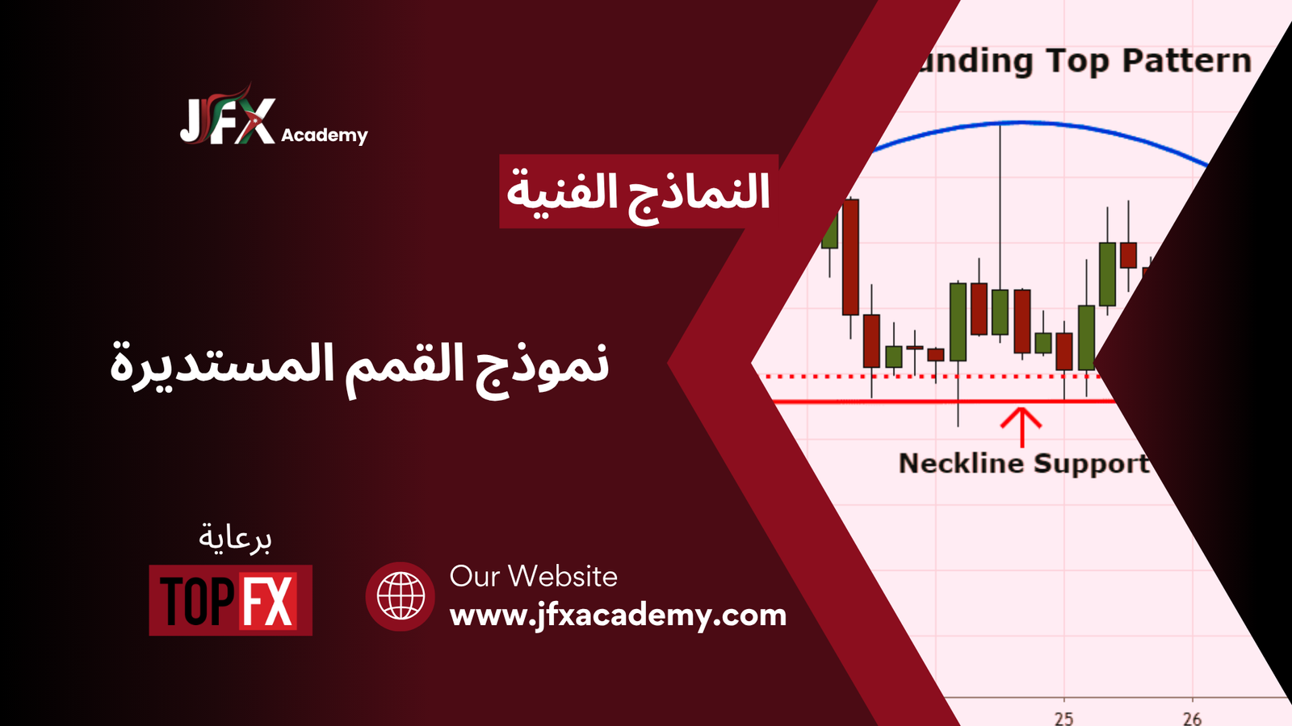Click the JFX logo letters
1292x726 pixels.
point(227,120)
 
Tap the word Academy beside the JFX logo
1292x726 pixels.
point(324,136)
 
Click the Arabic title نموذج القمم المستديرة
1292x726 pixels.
point(359,369)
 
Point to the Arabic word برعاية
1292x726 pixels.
point(235,538)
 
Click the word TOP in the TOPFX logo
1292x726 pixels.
point(197,600)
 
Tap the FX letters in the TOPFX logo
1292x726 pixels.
point(268,600)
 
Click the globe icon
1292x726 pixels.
point(401,596)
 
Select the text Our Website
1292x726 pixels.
point(534,576)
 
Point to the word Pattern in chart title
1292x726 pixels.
point(1187,60)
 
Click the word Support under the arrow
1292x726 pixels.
point(1091,465)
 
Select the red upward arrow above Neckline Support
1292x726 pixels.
point(1021,428)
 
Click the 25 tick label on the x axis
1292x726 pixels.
point(1064,718)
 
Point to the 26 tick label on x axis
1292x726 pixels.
point(1192,718)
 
